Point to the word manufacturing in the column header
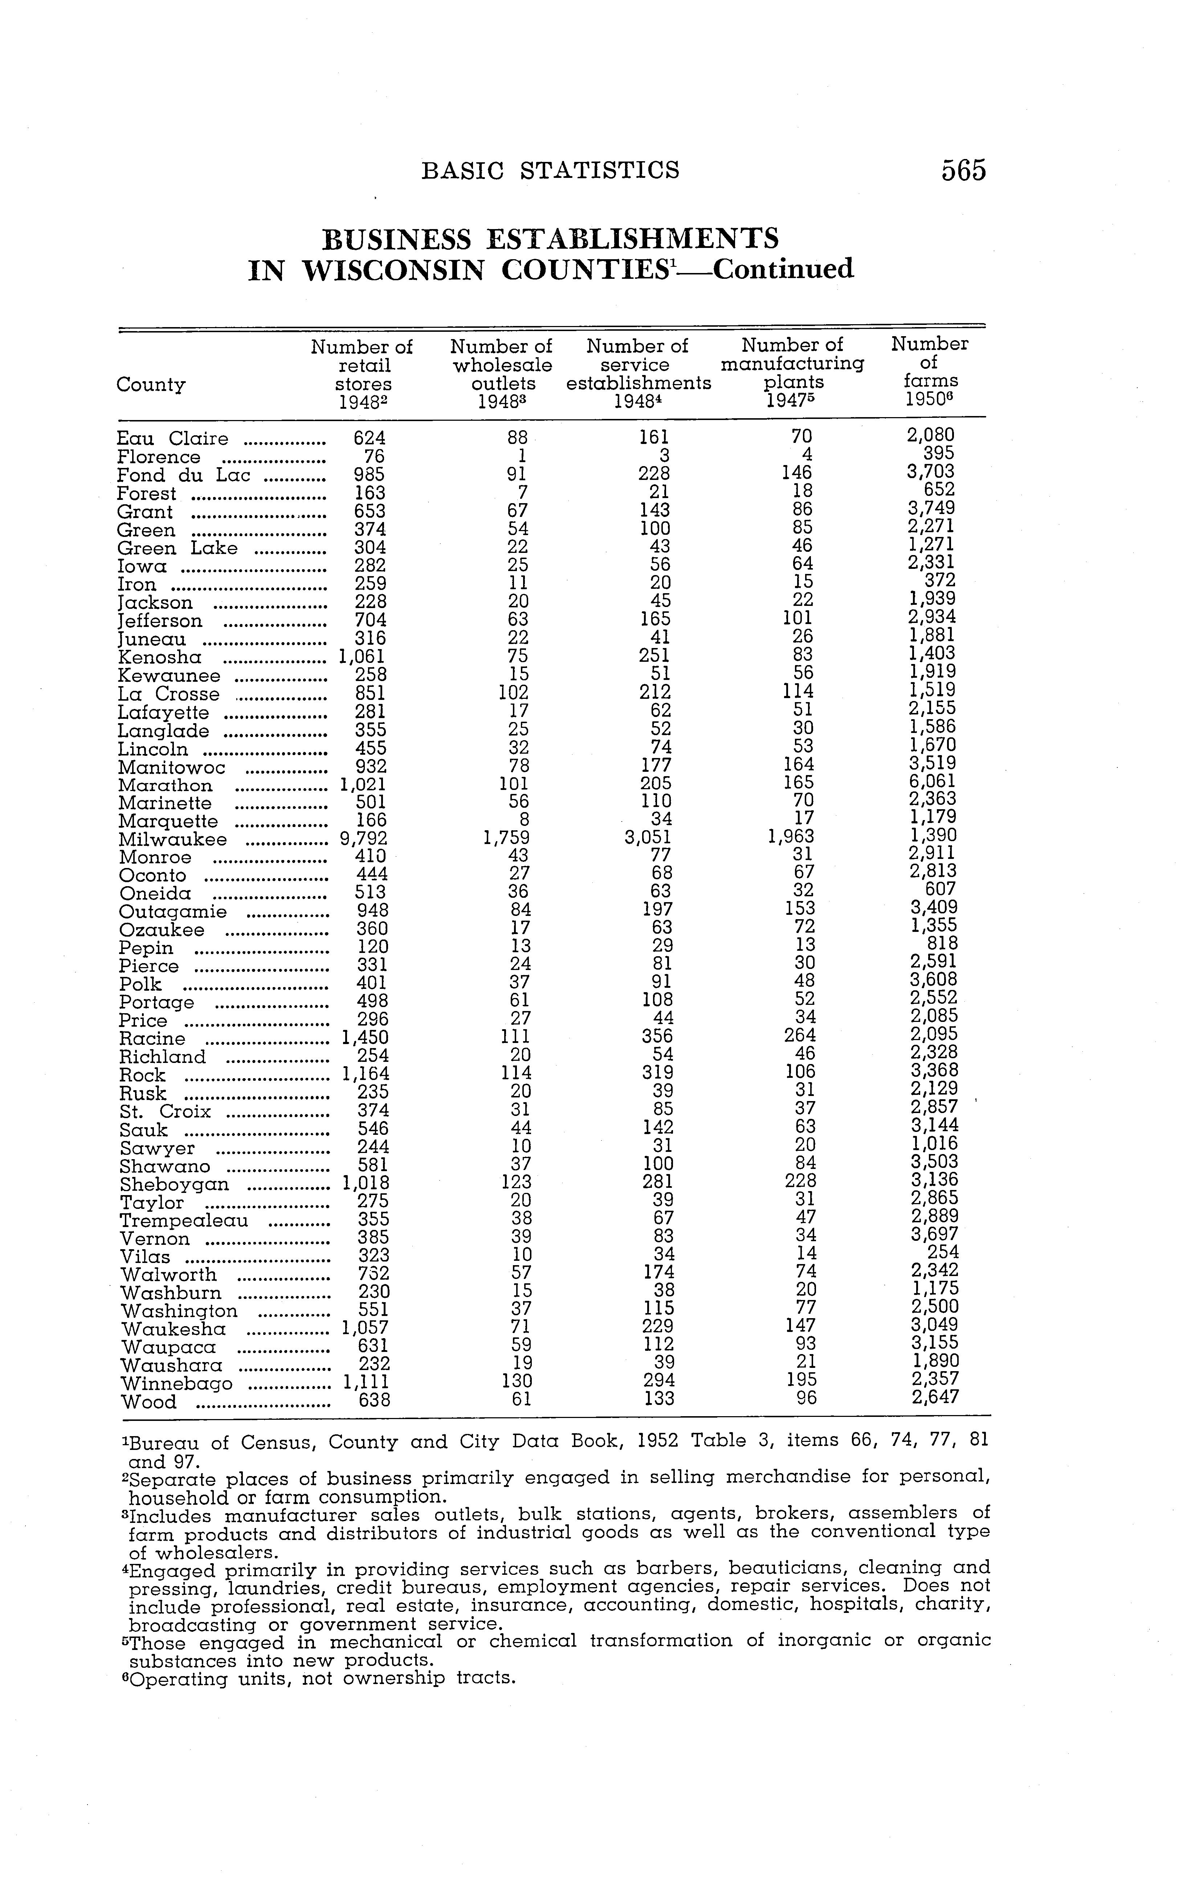point(792,363)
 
